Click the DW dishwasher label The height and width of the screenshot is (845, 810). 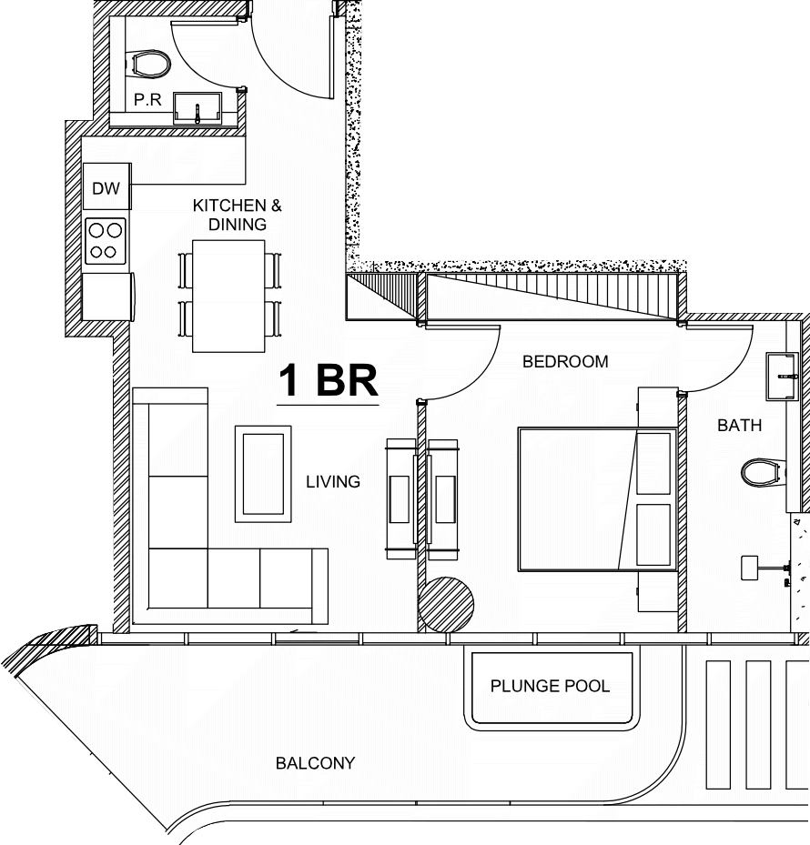click(x=106, y=188)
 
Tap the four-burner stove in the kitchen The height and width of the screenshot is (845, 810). click(x=106, y=241)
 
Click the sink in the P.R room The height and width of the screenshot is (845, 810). click(x=197, y=108)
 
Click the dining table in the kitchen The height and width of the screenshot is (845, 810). click(x=228, y=296)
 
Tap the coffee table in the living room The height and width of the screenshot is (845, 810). click(x=263, y=474)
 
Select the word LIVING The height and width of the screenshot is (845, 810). click(x=333, y=481)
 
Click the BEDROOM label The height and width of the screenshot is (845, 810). click(x=565, y=362)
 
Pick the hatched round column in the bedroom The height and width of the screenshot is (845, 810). click(x=446, y=604)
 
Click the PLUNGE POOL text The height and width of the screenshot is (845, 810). click(x=550, y=686)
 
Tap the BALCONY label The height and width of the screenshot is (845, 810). click(x=316, y=763)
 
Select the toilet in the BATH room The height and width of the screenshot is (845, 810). click(x=763, y=472)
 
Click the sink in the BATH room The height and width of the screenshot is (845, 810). click(x=782, y=377)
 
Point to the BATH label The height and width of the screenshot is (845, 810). click(x=739, y=425)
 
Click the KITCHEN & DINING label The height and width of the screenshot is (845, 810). click(x=238, y=215)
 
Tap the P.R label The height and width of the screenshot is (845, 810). click(x=147, y=100)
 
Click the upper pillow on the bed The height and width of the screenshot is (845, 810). click(x=653, y=463)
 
